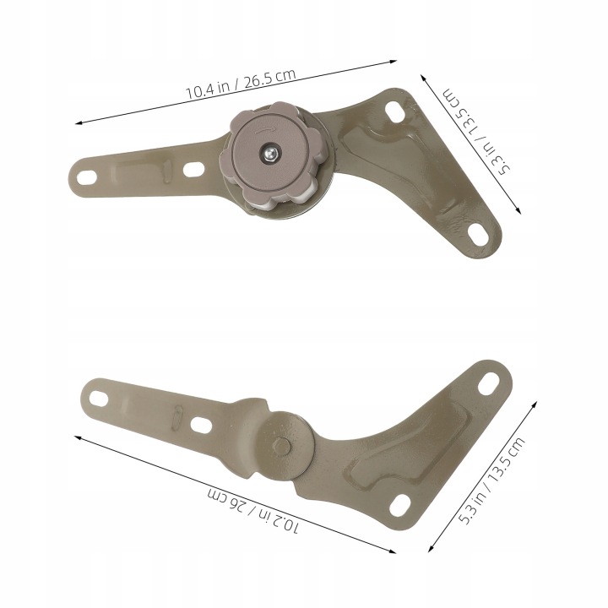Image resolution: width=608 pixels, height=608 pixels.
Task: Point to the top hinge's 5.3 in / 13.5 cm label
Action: point(476,132)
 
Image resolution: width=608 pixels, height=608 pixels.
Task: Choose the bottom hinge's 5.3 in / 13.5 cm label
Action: point(492,480)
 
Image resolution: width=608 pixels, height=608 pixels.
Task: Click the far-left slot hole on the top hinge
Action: point(87,177)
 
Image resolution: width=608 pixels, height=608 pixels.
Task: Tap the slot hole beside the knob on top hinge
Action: point(193,169)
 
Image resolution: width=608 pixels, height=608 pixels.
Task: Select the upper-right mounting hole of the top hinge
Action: point(395,111)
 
